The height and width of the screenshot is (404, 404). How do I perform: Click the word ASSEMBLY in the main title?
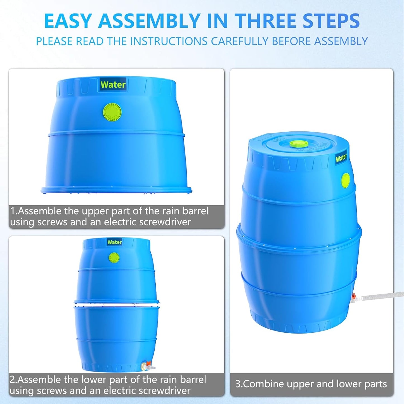click(149, 21)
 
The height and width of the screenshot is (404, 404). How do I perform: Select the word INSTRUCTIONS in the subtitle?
click(169, 41)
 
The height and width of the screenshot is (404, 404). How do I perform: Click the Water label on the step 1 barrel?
click(113, 84)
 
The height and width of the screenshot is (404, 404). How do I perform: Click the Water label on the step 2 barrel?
click(115, 242)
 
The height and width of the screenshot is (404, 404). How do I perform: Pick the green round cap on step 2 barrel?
click(114, 257)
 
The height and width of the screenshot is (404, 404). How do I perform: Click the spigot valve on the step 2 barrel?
click(147, 365)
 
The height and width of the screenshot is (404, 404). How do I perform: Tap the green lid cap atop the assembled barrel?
click(299, 144)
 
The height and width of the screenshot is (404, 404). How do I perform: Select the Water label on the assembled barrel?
click(341, 158)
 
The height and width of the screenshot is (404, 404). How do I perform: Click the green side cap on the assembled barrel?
click(346, 180)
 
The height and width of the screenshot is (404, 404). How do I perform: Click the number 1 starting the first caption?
click(13, 211)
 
